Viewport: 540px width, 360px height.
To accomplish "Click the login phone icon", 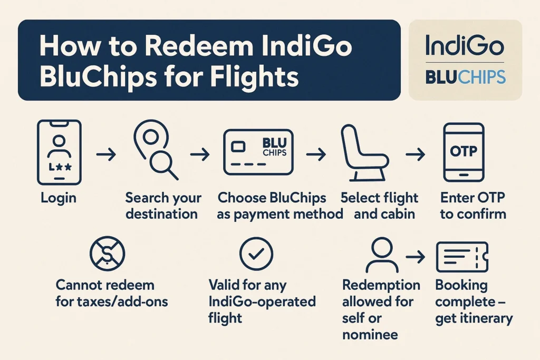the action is point(59,152).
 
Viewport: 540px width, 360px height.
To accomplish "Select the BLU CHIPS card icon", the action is point(258,152).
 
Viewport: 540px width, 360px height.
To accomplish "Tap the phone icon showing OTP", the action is point(464,152).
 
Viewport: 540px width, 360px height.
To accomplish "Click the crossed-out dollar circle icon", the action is point(107,254).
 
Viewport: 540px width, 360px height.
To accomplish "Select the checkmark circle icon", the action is point(256,254).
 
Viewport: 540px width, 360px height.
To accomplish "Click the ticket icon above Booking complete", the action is point(462,257).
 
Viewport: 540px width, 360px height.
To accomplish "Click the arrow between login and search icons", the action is point(106,154).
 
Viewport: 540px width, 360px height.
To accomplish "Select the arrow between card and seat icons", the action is point(316,154).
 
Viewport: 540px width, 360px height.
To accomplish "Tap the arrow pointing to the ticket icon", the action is point(416,257).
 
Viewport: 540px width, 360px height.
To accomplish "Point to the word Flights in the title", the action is point(254,76).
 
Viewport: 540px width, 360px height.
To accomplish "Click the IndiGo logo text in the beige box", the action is point(465,45).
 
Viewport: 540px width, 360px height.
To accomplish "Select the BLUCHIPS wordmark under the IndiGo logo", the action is point(466,77).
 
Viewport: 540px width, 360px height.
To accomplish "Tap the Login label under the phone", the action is point(59,198).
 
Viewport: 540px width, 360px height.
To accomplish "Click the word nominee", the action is point(370,334).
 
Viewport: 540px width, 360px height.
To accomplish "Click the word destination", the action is point(161,214).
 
